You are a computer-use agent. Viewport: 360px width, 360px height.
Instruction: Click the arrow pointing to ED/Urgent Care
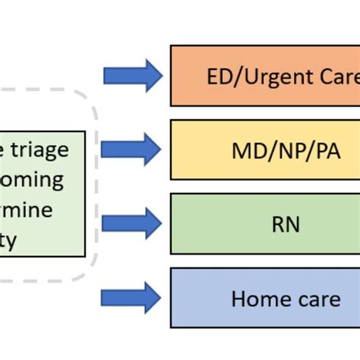[x=133, y=75]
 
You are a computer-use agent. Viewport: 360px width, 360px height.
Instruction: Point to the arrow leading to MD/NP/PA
[x=133, y=150]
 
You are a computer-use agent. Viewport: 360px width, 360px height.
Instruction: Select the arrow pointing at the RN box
[x=133, y=223]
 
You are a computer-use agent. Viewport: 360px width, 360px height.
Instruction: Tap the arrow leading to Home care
[x=133, y=298]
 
